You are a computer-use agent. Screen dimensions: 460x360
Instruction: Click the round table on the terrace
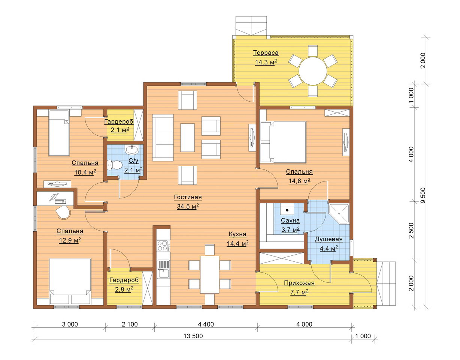[313, 71]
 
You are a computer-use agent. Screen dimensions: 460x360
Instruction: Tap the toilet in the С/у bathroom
[114, 165]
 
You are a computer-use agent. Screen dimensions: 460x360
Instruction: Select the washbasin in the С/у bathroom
[132, 149]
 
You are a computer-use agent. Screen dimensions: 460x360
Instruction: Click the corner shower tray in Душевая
[339, 213]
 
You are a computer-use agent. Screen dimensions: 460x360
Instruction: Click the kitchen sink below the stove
[163, 269]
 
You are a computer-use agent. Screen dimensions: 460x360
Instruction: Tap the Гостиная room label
[188, 197]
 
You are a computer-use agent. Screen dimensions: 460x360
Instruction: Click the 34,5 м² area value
[188, 206]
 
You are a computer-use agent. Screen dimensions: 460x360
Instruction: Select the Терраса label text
[266, 52]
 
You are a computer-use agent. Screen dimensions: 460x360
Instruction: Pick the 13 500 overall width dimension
[193, 336]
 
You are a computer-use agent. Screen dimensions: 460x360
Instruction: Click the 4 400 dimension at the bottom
[206, 324]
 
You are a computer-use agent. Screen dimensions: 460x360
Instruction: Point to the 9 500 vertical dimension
[423, 195]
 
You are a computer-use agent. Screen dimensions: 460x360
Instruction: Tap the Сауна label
[290, 220]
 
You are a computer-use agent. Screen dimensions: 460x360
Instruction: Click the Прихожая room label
[299, 283]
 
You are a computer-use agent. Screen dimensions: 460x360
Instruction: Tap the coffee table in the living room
[187, 138]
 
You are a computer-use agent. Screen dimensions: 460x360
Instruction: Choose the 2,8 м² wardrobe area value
[124, 289]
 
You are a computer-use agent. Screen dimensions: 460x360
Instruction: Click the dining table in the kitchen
[209, 274]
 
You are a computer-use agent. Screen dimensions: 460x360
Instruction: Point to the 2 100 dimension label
[130, 324]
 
